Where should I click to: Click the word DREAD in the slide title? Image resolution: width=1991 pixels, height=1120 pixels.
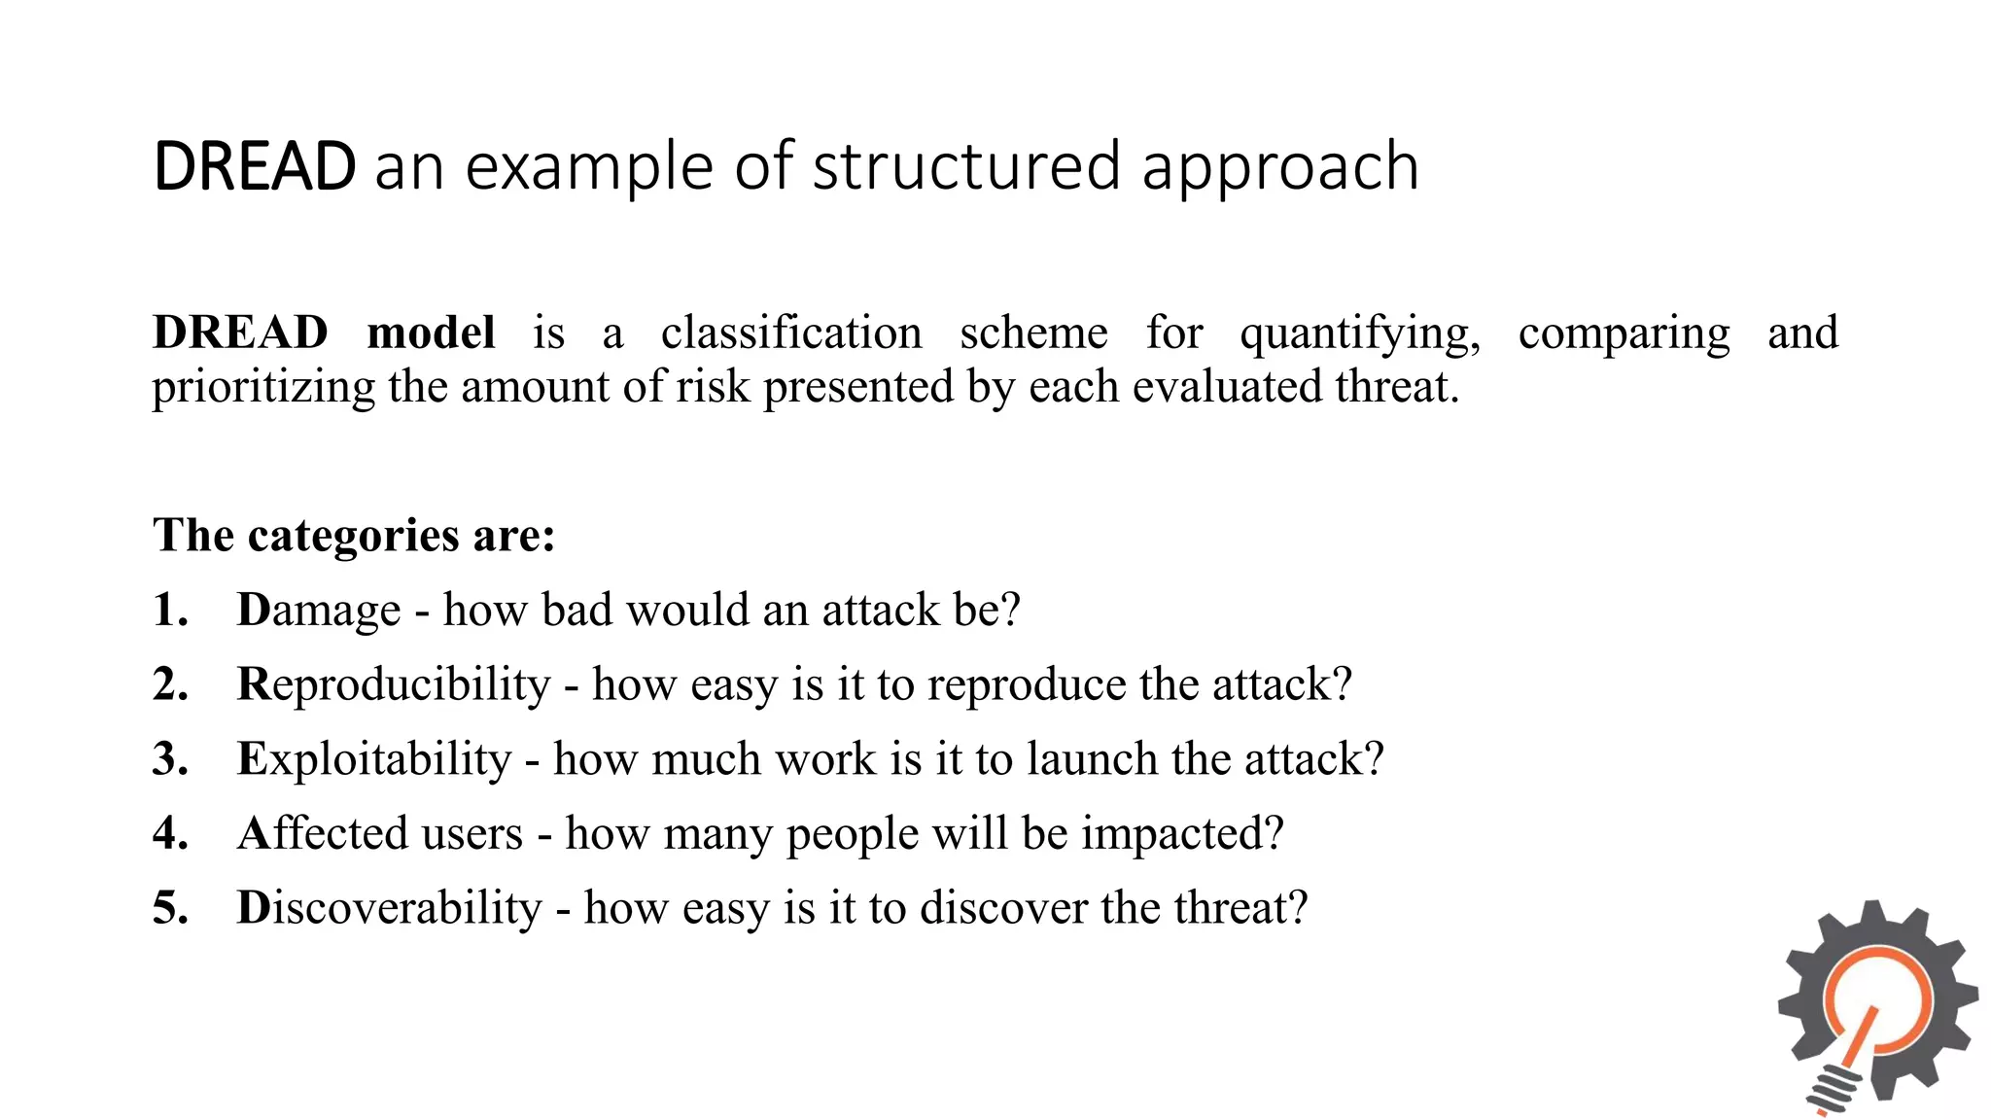[255, 166]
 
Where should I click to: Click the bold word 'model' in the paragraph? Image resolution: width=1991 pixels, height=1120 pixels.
[431, 332]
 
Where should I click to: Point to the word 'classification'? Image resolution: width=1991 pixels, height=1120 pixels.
[791, 332]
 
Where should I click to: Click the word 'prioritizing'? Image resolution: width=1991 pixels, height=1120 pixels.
[262, 388]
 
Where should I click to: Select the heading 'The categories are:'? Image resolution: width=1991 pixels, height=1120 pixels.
[354, 535]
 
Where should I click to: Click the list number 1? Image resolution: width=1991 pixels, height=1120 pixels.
[170, 610]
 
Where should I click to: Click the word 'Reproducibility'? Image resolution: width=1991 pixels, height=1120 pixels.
[394, 684]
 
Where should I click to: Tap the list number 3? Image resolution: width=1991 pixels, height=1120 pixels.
[170, 758]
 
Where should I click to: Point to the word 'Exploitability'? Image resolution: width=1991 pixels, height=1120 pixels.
[374, 759]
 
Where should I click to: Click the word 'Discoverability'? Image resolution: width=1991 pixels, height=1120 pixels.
[389, 908]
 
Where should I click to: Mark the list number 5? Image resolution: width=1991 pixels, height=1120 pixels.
[170, 908]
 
